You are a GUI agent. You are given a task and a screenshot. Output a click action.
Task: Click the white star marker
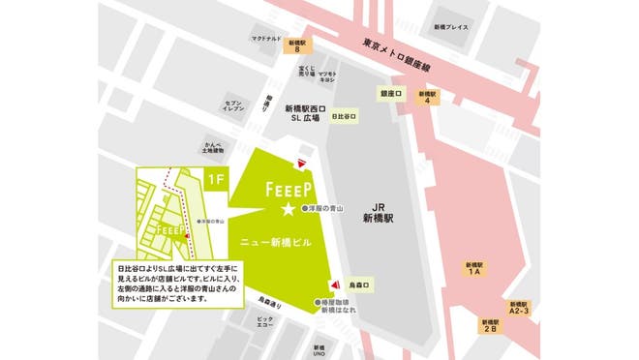(287, 208)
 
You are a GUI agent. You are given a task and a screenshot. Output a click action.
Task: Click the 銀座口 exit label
(390, 94)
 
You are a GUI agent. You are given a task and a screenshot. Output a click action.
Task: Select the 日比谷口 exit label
(344, 117)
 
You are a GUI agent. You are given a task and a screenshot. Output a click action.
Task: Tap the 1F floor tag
(217, 178)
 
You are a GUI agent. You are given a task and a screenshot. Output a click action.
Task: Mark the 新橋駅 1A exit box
(474, 268)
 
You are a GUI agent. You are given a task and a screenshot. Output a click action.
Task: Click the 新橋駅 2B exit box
(488, 326)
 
